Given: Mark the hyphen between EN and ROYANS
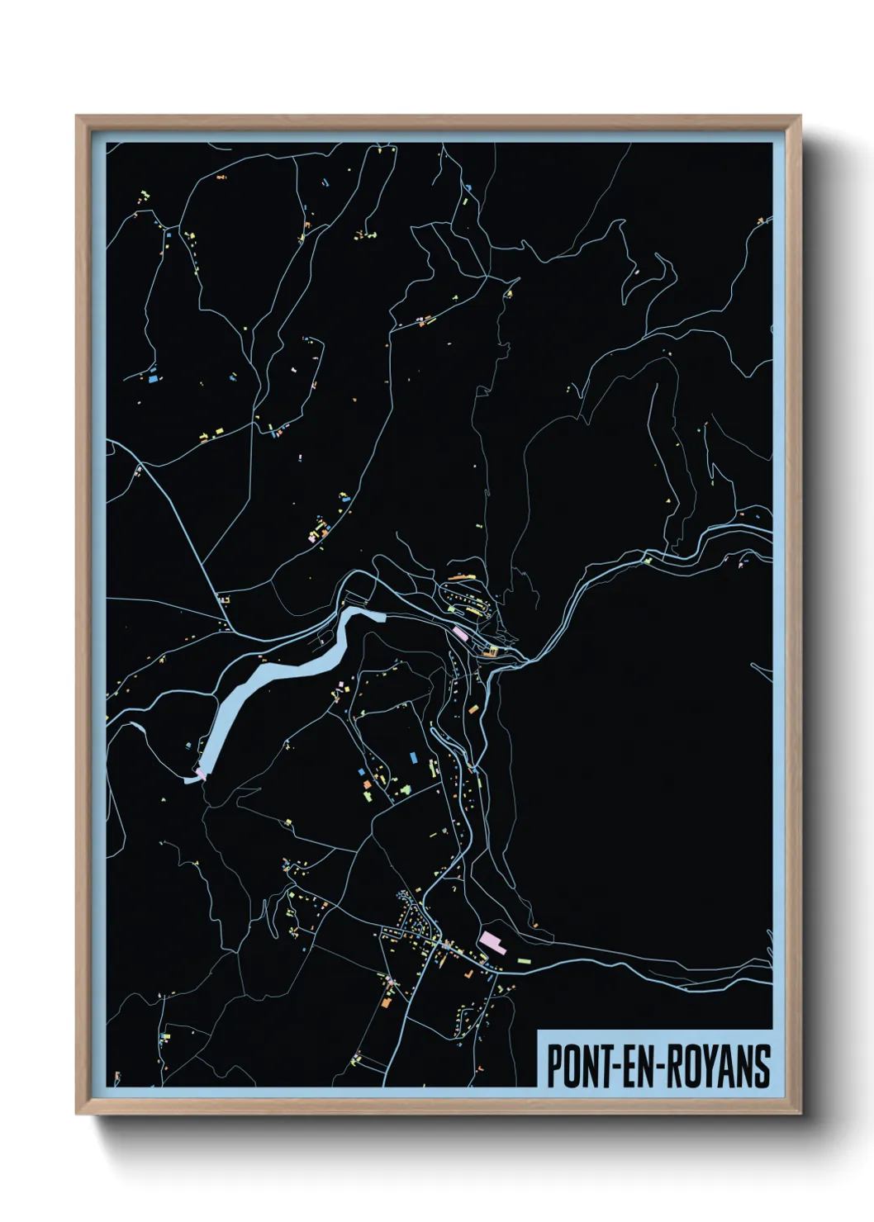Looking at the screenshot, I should (x=658, y=1068).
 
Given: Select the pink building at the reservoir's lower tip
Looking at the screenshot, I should (x=199, y=774).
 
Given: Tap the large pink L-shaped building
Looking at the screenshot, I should (x=492, y=941).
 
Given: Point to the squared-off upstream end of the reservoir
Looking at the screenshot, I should (x=376, y=614).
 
